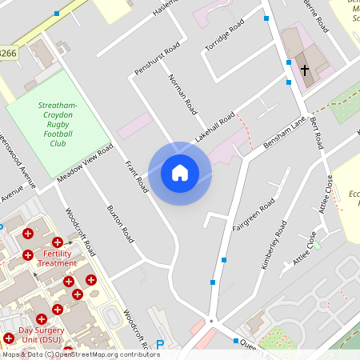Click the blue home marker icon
point(180,172)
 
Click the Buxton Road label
point(120,224)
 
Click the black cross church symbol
point(304,70)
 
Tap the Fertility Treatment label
point(58,258)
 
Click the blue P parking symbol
point(160,345)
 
